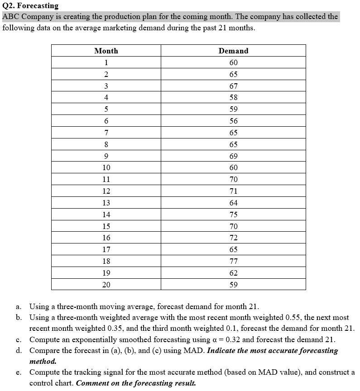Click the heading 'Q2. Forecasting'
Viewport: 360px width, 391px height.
30,6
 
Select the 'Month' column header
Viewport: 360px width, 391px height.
106,51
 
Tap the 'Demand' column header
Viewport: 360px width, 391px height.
233,51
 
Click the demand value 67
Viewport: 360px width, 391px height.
233,86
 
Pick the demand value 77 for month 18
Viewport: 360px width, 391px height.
233,261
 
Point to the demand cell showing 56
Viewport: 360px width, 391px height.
233,121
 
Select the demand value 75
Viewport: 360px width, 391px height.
233,215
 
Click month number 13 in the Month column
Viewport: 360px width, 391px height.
106,203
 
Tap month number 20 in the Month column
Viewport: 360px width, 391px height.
106,285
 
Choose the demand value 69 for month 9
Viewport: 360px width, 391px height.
233,156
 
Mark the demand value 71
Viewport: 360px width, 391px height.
233,191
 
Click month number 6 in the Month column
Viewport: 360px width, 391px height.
106,121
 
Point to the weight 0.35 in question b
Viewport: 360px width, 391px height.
115,328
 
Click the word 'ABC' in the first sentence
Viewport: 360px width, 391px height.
11,17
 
